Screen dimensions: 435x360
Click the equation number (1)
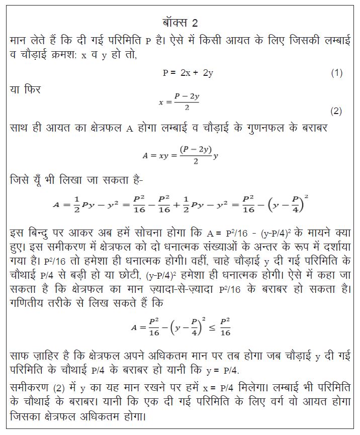point(336,73)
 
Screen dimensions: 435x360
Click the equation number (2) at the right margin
point(336,111)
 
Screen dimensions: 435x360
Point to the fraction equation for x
point(179,101)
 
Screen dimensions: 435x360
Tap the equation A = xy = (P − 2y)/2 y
point(180,155)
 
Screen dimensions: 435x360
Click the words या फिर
point(26,90)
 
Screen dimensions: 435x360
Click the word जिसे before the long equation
point(21,179)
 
